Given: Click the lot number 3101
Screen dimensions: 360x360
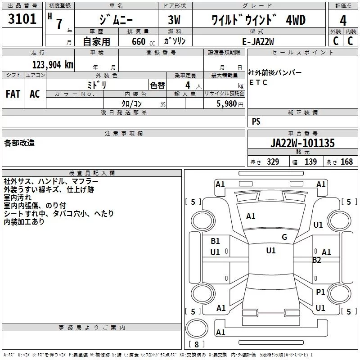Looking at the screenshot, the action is [22, 18].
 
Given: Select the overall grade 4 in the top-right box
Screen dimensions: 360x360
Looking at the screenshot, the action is [343, 20].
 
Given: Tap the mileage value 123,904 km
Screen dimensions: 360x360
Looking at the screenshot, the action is [53, 65].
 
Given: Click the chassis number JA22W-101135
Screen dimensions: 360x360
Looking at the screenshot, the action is [302, 143].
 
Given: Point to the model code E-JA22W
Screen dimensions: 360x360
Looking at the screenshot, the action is [258, 41].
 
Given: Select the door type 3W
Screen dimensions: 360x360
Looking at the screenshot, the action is [174, 20].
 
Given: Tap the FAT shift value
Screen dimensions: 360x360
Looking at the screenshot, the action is [13, 94].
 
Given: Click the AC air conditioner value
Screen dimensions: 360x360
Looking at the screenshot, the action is [35, 94].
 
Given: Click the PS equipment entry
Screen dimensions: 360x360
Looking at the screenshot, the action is [256, 121].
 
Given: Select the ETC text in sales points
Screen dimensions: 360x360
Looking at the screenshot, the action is [258, 82].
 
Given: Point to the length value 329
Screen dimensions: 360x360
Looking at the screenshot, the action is [273, 162].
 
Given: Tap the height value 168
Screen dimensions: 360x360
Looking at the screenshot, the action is [346, 162].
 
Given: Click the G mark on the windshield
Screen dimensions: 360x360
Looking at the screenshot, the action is [284, 237].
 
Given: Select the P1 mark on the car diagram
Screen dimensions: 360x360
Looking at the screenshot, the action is [320, 292].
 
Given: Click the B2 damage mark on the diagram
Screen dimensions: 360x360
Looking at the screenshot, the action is [316, 260].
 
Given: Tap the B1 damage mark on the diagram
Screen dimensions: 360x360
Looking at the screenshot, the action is [215, 241].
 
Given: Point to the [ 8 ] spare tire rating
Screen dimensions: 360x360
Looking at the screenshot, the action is [197, 344].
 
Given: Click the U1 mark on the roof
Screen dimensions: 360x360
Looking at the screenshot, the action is [271, 251].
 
